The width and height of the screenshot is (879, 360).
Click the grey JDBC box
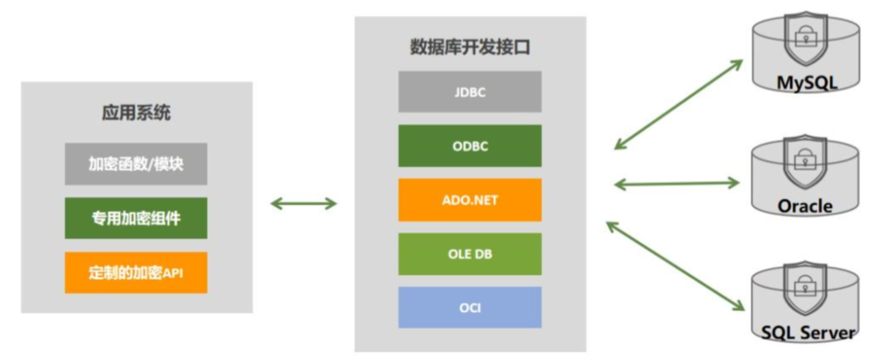click(x=470, y=92)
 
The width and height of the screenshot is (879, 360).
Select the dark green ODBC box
click(x=470, y=146)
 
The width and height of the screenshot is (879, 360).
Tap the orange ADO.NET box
click(x=470, y=200)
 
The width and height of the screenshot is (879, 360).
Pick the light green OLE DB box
click(x=470, y=253)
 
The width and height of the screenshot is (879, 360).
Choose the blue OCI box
click(x=470, y=307)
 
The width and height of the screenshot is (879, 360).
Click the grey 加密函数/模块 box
click(x=135, y=164)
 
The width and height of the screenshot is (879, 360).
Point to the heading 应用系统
click(x=135, y=113)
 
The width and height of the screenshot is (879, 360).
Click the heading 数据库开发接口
click(x=470, y=47)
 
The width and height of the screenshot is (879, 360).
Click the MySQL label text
click(x=807, y=83)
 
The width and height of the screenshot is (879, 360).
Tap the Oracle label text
click(x=804, y=206)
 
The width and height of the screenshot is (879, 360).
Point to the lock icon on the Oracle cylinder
click(x=802, y=156)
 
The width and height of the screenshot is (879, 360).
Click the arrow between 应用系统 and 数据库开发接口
click(x=303, y=202)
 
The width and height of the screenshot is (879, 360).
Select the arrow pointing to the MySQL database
click(x=678, y=105)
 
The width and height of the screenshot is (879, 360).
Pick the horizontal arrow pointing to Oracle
click(x=678, y=182)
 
